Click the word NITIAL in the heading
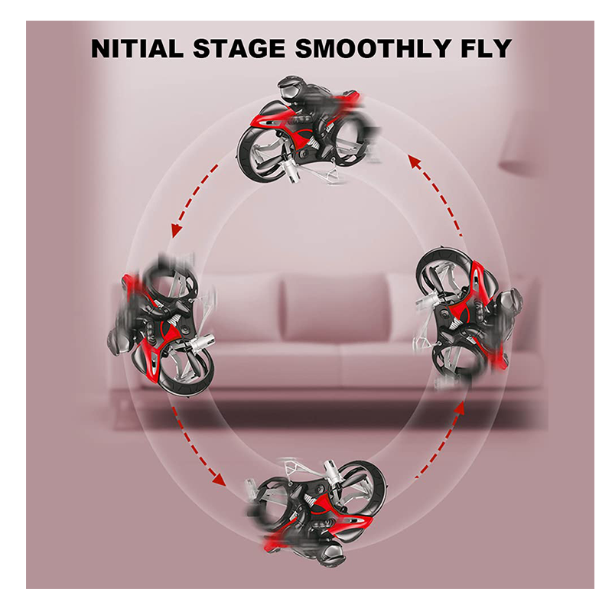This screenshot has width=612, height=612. (x=137, y=48)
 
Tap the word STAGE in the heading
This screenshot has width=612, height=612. (x=239, y=48)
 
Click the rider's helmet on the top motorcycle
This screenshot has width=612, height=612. (x=290, y=88)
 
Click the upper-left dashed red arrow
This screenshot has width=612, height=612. (x=194, y=201)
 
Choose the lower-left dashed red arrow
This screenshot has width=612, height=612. (x=198, y=446)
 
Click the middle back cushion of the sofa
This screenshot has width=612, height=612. (x=335, y=308)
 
